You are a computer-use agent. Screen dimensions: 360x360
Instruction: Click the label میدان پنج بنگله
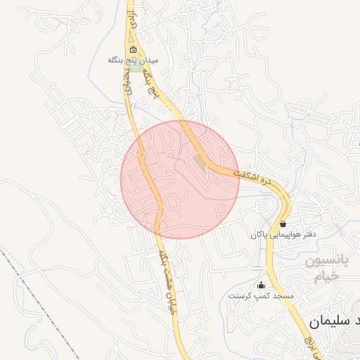point(134,60)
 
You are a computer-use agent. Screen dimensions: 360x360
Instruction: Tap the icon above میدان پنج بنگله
point(134,50)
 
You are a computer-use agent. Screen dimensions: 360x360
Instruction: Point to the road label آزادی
point(131,22)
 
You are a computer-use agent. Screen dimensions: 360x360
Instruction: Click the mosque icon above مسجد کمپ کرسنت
point(262,285)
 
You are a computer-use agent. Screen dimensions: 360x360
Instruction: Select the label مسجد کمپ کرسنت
point(261,296)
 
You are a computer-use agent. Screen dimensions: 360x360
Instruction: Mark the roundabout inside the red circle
point(141,153)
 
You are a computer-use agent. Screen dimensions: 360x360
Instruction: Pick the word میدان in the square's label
point(150,60)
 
